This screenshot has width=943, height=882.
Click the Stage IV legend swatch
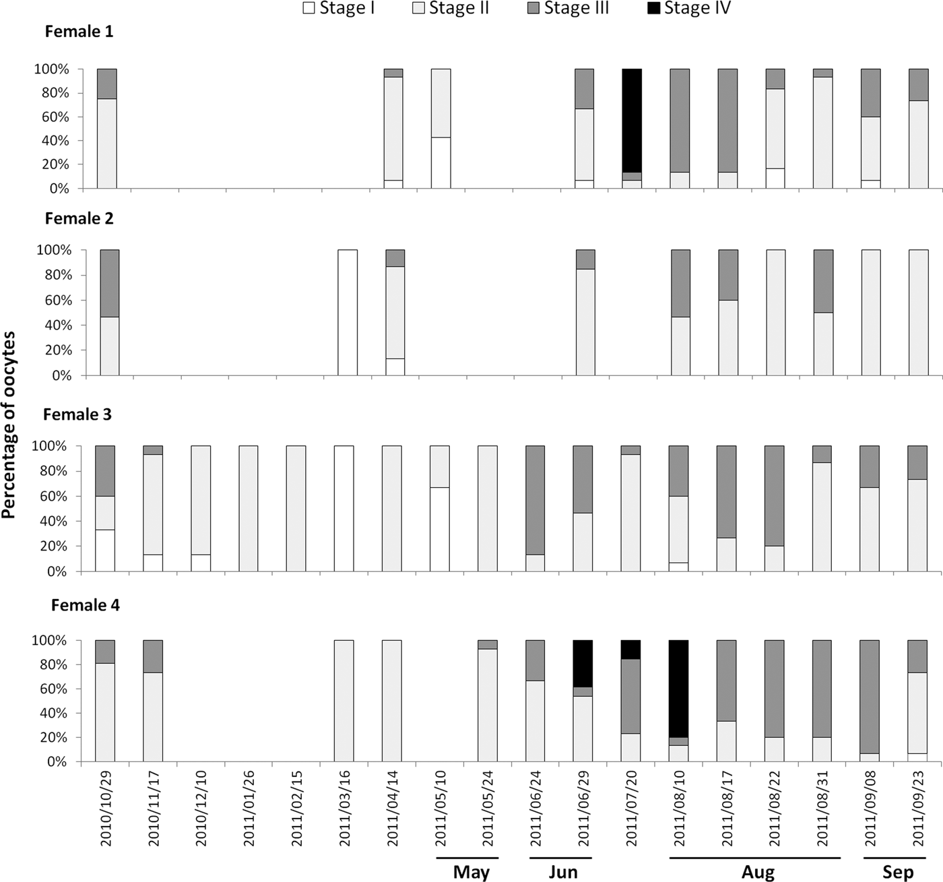[x=653, y=8]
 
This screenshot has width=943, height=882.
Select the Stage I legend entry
[x=339, y=8]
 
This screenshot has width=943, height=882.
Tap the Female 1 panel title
[x=79, y=32]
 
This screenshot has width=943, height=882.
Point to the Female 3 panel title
[x=77, y=414]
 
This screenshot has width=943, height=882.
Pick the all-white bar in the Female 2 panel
[x=348, y=312]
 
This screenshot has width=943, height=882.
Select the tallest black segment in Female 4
[x=679, y=689]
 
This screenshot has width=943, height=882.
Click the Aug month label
[x=758, y=872]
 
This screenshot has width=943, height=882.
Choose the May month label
[x=471, y=872]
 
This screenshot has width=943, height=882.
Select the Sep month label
[x=898, y=872]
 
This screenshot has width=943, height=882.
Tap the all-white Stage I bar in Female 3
[x=344, y=508]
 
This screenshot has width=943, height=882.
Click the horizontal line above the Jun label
[x=560, y=858]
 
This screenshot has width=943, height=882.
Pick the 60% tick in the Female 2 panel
[x=55, y=300]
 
